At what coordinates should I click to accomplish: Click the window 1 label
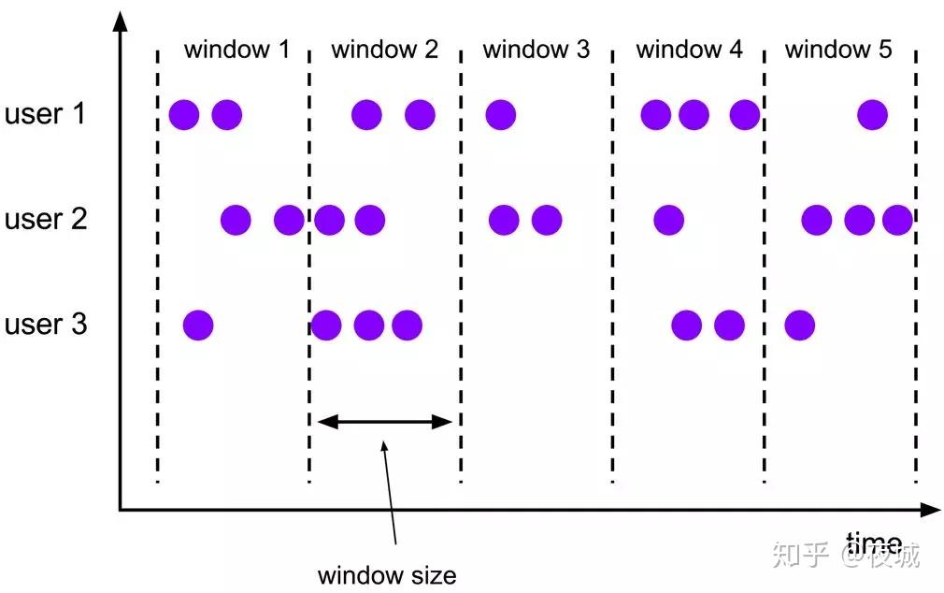(236, 50)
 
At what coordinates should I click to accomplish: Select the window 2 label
(384, 50)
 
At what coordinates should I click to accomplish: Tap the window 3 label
(536, 50)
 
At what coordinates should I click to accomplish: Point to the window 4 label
(689, 50)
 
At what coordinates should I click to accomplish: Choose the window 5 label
(838, 50)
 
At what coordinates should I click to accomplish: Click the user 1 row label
(46, 115)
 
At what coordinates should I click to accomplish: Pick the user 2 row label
(46, 220)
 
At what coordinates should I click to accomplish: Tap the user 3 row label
(46, 325)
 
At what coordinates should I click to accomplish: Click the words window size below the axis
(387, 573)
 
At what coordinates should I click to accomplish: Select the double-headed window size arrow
(385, 422)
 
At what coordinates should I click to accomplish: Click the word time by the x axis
(874, 542)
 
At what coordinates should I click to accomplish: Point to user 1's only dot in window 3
(501, 115)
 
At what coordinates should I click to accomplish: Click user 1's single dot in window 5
(873, 115)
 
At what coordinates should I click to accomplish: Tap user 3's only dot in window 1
(198, 325)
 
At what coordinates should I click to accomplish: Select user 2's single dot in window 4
(668, 221)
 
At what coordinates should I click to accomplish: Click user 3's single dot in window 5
(799, 325)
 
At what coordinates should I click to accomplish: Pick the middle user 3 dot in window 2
(369, 325)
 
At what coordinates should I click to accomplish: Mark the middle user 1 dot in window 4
(694, 115)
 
